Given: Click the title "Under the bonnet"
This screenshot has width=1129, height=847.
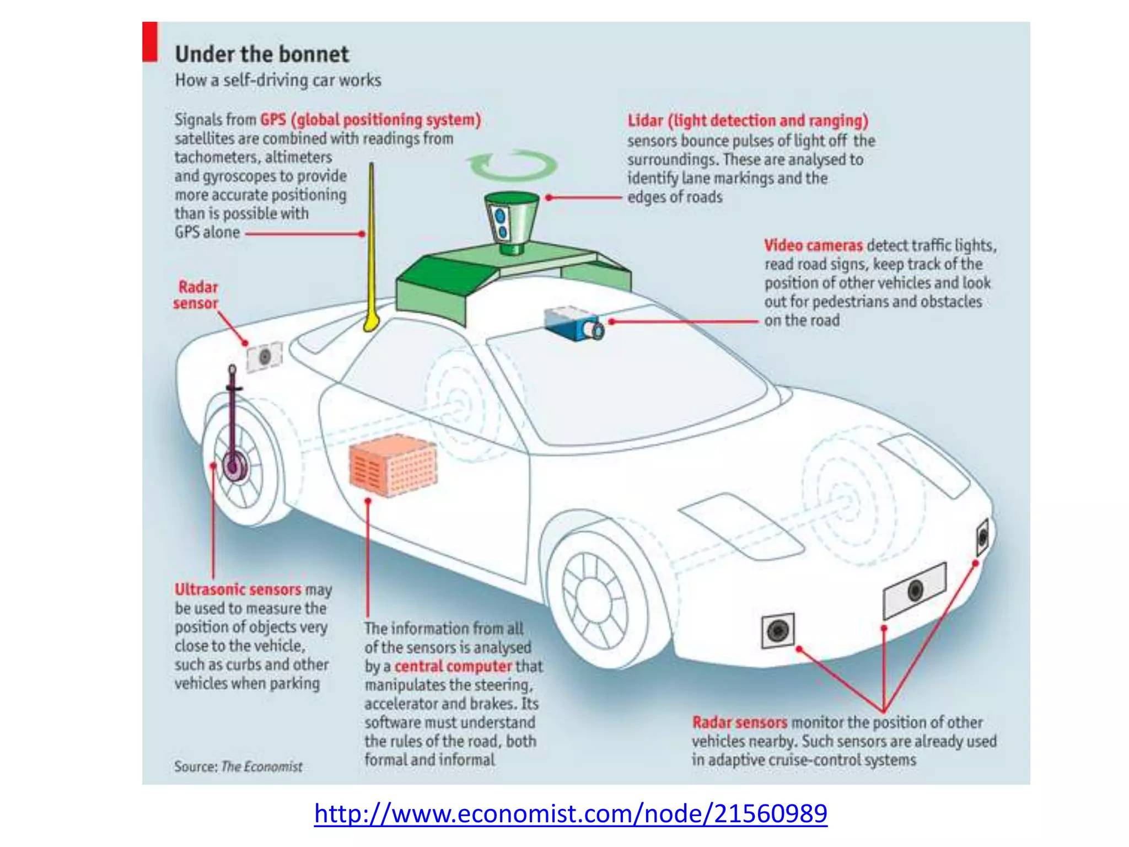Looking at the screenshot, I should click(262, 55).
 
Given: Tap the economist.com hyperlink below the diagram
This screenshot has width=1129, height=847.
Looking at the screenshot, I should click(571, 813).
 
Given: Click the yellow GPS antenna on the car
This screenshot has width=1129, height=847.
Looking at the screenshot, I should click(371, 248).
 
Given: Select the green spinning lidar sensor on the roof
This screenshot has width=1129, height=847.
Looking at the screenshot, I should click(511, 221).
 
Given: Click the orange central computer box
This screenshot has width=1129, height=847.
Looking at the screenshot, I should click(393, 464).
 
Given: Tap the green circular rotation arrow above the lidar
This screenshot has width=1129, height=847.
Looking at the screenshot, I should click(512, 165).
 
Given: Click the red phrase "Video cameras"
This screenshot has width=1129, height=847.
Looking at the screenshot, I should click(813, 245).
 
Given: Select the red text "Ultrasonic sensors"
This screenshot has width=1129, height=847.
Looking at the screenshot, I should click(238, 589).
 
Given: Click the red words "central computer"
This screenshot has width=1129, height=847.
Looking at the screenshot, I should click(453, 666).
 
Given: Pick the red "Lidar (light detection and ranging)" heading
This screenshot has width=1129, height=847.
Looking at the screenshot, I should click(748, 120).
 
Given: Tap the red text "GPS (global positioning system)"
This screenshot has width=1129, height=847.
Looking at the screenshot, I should click(370, 120).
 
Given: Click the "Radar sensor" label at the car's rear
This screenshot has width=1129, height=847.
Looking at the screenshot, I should click(196, 295).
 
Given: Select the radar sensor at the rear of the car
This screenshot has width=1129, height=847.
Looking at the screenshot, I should click(265, 357).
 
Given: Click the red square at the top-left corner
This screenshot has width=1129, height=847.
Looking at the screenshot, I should click(150, 41).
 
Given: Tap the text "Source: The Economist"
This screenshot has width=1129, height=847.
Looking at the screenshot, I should click(238, 766).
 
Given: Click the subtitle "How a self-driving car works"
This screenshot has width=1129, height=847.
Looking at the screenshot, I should click(278, 81).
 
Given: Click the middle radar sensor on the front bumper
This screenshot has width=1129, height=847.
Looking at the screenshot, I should click(915, 590).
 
